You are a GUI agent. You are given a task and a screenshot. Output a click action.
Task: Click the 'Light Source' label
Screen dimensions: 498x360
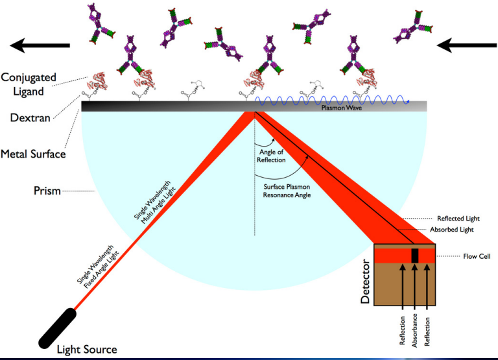tap(87, 350)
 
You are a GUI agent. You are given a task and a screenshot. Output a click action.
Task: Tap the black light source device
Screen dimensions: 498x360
tap(58, 328)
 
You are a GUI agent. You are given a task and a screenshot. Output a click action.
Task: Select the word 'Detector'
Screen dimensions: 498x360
tap(366, 282)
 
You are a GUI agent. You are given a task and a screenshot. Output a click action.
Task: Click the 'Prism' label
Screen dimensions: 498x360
tap(47, 191)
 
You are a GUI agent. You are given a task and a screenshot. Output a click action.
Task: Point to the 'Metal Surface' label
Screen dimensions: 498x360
tap(33, 154)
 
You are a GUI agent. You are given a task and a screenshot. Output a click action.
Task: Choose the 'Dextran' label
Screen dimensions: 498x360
tap(30, 118)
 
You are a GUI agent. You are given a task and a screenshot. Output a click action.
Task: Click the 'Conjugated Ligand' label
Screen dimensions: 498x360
tap(29, 84)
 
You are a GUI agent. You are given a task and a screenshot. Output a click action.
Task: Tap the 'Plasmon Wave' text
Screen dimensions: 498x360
tap(342, 108)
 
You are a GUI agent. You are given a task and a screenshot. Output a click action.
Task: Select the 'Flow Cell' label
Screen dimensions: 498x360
tap(477, 256)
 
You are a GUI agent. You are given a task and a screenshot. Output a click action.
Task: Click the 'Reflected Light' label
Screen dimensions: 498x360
tap(458, 219)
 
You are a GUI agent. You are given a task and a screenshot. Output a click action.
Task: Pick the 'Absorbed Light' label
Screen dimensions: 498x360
tap(451, 230)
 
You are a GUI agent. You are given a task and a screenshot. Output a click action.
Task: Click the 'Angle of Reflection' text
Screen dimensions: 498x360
tap(271, 156)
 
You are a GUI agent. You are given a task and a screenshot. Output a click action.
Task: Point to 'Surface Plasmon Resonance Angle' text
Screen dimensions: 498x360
tap(287, 191)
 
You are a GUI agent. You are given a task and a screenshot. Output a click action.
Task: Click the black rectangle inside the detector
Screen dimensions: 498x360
tap(415, 256)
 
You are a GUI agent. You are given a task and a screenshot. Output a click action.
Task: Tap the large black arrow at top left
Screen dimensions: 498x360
tap(40, 45)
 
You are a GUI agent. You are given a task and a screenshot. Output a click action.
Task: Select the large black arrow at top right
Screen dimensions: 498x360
tap(467, 45)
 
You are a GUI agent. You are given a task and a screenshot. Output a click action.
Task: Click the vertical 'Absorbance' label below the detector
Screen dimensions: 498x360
tap(414, 330)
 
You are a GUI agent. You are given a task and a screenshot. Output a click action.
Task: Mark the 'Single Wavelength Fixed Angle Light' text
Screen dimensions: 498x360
tap(98, 267)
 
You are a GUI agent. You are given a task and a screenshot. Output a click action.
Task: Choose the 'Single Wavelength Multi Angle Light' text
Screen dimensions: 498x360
tap(155, 202)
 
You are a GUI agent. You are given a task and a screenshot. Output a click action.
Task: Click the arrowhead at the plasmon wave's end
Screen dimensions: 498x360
tap(407, 102)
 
